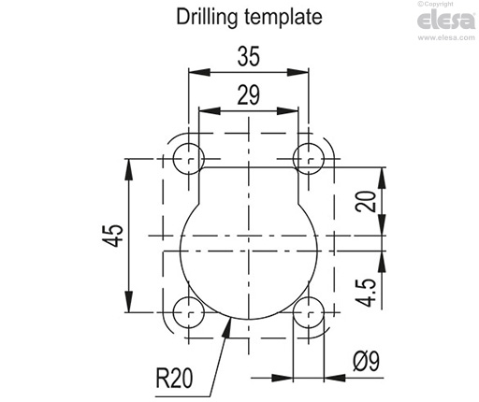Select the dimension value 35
click(248, 57)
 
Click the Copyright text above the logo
click(447, 6)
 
